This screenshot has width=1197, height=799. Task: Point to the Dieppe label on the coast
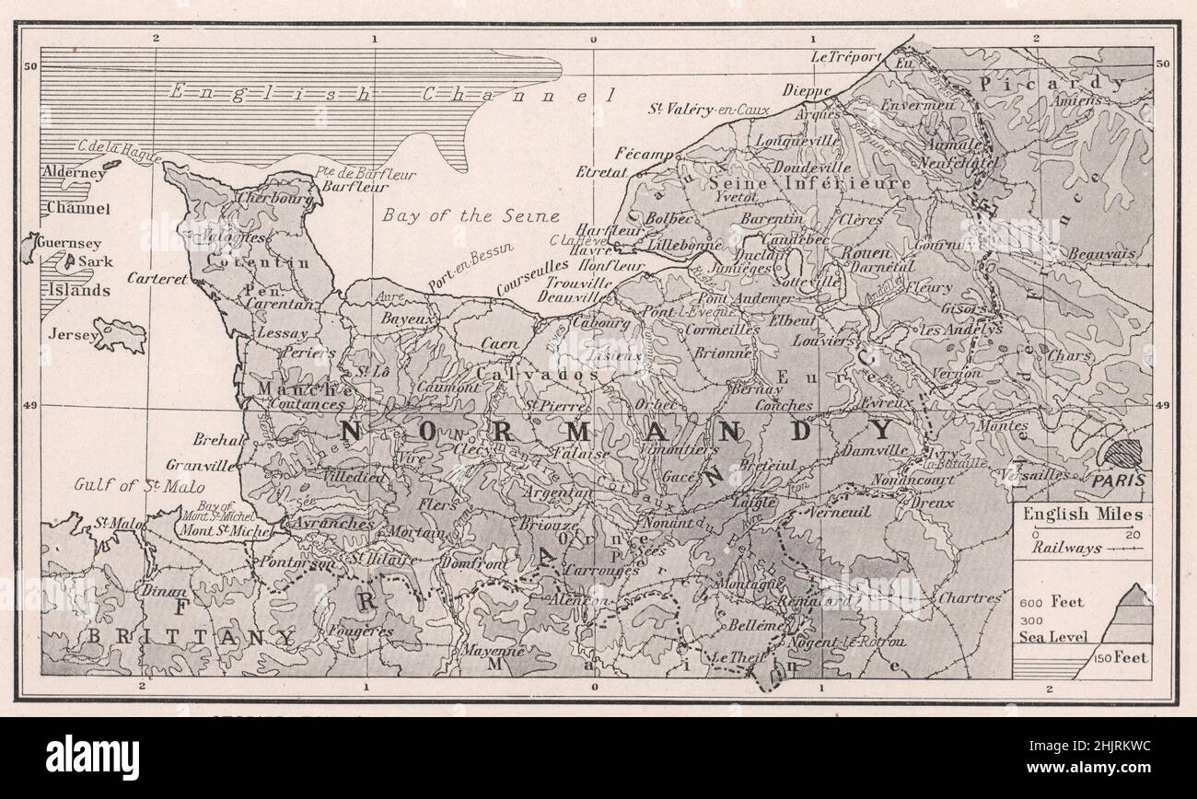[x=807, y=90]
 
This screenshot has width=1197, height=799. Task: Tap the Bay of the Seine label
[x=470, y=217]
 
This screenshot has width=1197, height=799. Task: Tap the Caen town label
[x=499, y=342]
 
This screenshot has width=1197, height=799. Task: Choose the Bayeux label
[x=409, y=318]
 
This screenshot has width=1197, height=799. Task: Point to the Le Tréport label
[x=846, y=57]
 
